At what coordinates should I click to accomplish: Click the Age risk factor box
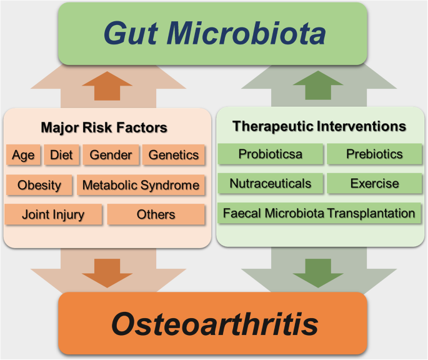click(x=23, y=155)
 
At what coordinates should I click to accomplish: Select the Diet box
click(x=61, y=155)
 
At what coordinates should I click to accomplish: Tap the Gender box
click(x=111, y=155)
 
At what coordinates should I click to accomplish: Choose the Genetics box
click(x=173, y=155)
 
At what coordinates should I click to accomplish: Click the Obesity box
click(x=39, y=185)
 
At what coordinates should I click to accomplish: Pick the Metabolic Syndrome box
click(x=141, y=185)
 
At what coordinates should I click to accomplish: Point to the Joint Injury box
click(x=53, y=214)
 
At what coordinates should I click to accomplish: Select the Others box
click(x=156, y=214)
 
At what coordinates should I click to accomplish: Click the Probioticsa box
click(x=270, y=154)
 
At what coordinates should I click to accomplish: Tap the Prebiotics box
click(x=374, y=154)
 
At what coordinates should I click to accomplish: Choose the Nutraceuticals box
click(x=270, y=183)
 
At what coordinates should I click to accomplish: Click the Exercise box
click(x=374, y=183)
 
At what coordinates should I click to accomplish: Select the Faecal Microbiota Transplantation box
click(x=319, y=213)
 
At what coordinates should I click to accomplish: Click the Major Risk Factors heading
click(x=104, y=127)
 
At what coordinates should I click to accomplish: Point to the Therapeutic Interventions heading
click(x=319, y=126)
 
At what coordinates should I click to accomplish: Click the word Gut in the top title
click(x=131, y=33)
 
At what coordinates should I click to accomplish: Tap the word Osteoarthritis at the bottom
click(x=215, y=324)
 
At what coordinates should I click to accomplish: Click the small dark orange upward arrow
click(x=107, y=86)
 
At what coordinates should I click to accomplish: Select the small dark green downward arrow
click(x=318, y=273)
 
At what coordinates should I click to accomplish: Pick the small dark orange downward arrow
click(x=107, y=273)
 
